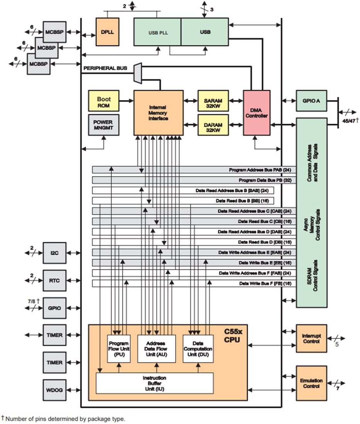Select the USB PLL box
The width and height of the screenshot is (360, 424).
[157, 32]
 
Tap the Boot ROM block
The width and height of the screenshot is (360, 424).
[103, 102]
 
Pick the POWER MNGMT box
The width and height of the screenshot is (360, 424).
[103, 125]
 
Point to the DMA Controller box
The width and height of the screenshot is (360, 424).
[257, 113]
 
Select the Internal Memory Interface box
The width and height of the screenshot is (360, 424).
[159, 113]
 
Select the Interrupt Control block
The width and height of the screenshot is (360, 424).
[311, 338]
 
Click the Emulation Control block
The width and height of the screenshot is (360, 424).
[311, 383]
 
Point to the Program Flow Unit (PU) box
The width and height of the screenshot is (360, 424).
[119, 348]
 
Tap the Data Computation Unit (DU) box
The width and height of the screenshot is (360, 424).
[198, 348]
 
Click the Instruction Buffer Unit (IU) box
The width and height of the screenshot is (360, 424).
[154, 383]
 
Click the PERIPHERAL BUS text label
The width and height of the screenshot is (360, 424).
[105, 68]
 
